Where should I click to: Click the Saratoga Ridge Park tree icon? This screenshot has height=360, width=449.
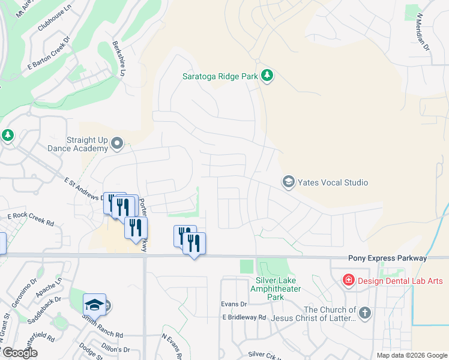(267, 76)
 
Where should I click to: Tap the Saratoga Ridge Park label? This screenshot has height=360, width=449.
(220, 76)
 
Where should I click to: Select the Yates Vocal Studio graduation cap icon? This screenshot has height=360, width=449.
(288, 182)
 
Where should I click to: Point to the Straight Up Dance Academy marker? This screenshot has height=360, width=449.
(117, 144)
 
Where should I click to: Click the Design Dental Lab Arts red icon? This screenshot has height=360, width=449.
(348, 280)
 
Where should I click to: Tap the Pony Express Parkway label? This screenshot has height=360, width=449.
(387, 258)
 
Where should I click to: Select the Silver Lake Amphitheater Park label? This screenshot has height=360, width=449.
(276, 289)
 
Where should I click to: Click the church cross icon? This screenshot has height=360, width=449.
(365, 313)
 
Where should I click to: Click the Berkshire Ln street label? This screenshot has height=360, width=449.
(118, 59)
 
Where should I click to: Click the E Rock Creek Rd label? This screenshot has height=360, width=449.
(31, 219)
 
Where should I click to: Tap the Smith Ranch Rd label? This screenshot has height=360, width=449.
(102, 334)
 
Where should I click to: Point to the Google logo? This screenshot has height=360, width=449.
(20, 353)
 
